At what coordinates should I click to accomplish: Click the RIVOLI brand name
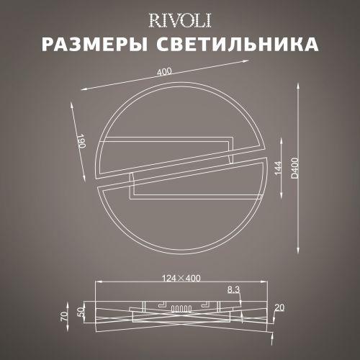tap(180, 17)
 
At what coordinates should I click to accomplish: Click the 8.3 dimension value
tap(233, 289)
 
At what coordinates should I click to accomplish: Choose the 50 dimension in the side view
tap(81, 313)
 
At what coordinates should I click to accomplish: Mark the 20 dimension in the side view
tap(279, 308)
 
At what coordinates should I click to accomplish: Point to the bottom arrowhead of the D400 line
tap(299, 258)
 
